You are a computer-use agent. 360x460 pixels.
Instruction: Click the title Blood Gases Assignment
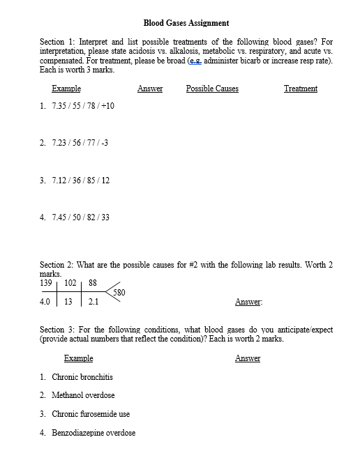tap(186, 23)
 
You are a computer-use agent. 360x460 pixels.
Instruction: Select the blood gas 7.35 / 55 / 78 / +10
tap(83, 106)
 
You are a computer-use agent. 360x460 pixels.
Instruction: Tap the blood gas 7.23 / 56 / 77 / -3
tap(80, 143)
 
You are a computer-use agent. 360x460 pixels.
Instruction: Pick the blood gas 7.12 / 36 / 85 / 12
tap(80, 181)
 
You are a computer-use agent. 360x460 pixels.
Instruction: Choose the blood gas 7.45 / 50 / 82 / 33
tap(80, 217)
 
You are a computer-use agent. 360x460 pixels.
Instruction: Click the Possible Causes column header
tap(212, 89)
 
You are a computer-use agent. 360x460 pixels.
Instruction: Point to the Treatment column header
tap(301, 89)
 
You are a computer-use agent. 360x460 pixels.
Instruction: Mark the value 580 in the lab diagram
tap(119, 293)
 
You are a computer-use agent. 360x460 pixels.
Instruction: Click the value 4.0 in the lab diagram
tap(47, 302)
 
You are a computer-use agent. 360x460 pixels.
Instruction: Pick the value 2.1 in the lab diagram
tap(93, 302)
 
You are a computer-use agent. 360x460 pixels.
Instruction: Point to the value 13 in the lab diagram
tap(68, 302)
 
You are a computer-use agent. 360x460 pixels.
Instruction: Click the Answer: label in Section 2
tap(248, 302)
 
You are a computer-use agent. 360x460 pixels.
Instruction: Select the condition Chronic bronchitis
tap(82, 377)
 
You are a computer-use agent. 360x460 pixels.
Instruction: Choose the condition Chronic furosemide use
tap(91, 414)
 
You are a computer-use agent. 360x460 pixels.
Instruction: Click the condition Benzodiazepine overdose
tap(93, 433)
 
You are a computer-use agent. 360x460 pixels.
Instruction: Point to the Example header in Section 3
tap(78, 358)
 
